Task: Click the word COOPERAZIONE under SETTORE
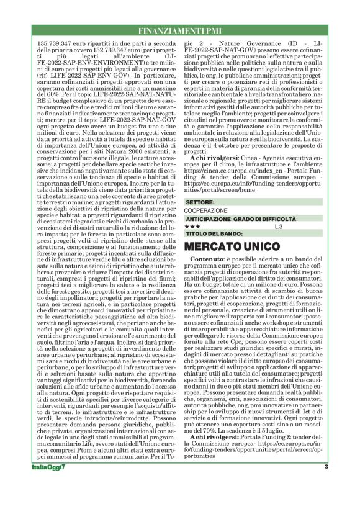point(205,211)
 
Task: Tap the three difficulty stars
point(192,227)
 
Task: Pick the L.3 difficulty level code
point(279,227)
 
